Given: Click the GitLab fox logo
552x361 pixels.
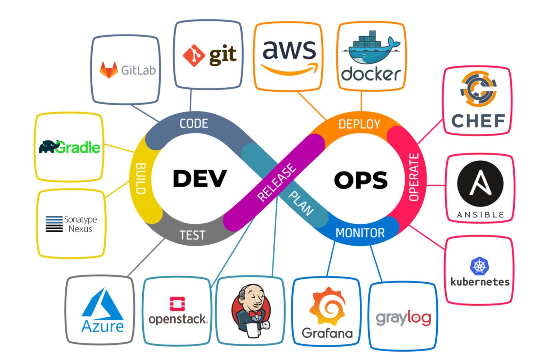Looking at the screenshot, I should click(109, 70).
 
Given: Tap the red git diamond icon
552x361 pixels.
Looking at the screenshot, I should click(194, 55).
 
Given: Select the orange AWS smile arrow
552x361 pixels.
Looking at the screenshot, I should click(290, 69).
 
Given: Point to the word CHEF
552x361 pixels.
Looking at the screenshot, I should click(478, 121).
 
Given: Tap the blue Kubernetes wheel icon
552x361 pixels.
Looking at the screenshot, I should click(479, 266).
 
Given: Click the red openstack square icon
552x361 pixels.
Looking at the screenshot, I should click(177, 304).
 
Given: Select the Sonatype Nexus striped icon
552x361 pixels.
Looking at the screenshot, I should click(54, 224).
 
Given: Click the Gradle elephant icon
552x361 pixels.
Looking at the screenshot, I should click(49, 147).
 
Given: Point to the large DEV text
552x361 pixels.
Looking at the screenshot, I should click(200, 179).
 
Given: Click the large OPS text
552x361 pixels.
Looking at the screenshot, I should click(361, 180).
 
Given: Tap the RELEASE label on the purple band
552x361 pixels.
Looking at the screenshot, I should click(277, 182).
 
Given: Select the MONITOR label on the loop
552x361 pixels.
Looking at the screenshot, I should click(360, 233).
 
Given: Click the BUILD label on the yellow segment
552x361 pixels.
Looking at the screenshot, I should click(141, 179).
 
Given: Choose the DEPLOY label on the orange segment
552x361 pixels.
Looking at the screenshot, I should click(359, 124).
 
